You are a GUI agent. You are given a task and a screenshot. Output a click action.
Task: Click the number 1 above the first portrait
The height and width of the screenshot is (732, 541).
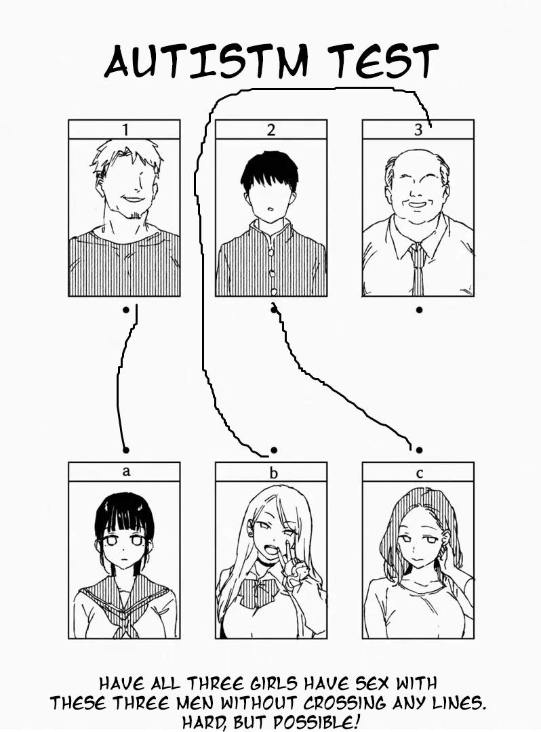[x=124, y=129]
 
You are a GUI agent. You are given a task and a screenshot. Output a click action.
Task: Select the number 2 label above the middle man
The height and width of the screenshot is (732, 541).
[x=271, y=129]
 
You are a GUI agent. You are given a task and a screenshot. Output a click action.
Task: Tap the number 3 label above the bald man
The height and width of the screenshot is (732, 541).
[x=418, y=130]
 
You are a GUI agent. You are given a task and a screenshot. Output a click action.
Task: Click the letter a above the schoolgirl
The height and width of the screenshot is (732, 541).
[x=125, y=472]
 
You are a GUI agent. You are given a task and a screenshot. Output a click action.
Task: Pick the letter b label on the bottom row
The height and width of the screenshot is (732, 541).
[x=273, y=472]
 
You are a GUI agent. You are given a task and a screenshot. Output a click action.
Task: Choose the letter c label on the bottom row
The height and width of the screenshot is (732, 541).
[x=419, y=472]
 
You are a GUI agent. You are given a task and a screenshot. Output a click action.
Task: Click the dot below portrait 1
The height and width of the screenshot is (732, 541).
[x=125, y=310]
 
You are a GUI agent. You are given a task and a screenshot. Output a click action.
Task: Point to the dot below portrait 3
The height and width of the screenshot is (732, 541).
[x=419, y=310]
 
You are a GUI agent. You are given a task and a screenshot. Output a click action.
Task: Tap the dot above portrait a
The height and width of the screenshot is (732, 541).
[x=125, y=449]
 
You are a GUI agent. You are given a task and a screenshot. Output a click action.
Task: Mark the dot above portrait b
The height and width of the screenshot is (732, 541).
[x=274, y=449]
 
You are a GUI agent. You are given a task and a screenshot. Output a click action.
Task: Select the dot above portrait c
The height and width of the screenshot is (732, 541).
[x=419, y=449]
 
